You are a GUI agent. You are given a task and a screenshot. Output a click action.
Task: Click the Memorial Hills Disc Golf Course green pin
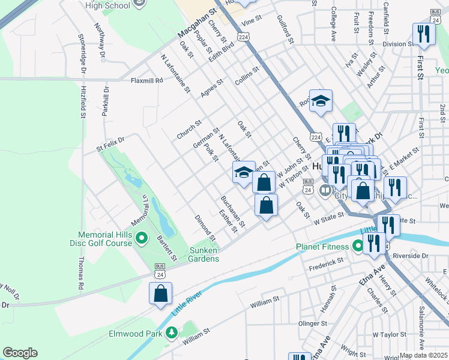142,239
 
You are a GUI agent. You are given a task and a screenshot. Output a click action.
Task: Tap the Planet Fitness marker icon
358,246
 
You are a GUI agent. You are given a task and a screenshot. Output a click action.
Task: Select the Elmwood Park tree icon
172,332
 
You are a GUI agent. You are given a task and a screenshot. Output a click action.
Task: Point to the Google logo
20,353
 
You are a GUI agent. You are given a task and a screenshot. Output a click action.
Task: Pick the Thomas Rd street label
80,274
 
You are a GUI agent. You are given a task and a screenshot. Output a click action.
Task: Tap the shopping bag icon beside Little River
160,294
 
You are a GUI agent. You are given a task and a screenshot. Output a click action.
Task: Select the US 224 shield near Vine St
243,37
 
